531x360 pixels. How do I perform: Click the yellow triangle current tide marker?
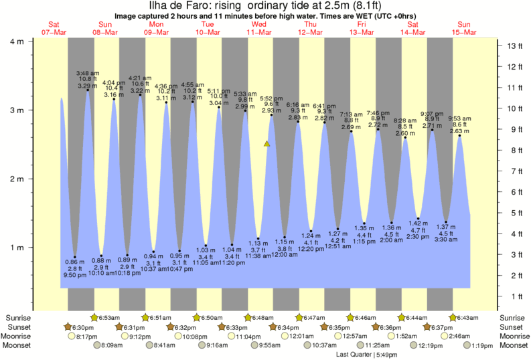(267, 143)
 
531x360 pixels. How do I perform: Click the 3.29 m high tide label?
(88, 86)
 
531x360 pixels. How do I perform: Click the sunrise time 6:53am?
(110, 317)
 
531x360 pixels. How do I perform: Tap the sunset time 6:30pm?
(84, 327)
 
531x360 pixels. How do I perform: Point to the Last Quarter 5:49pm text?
(365, 354)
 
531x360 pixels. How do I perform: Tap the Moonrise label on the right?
(513, 336)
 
